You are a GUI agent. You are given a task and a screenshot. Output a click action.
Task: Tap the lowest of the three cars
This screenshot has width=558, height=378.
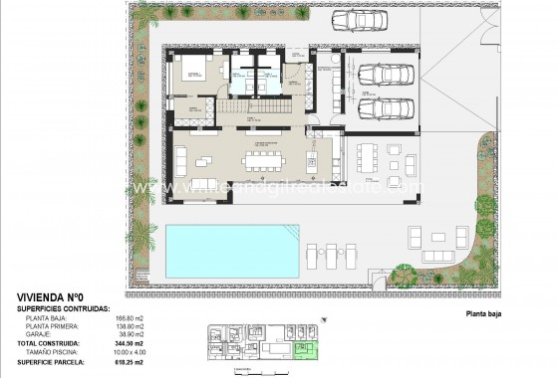tap(381, 108)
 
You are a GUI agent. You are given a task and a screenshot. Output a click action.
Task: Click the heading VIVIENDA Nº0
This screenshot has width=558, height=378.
tap(51, 297)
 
